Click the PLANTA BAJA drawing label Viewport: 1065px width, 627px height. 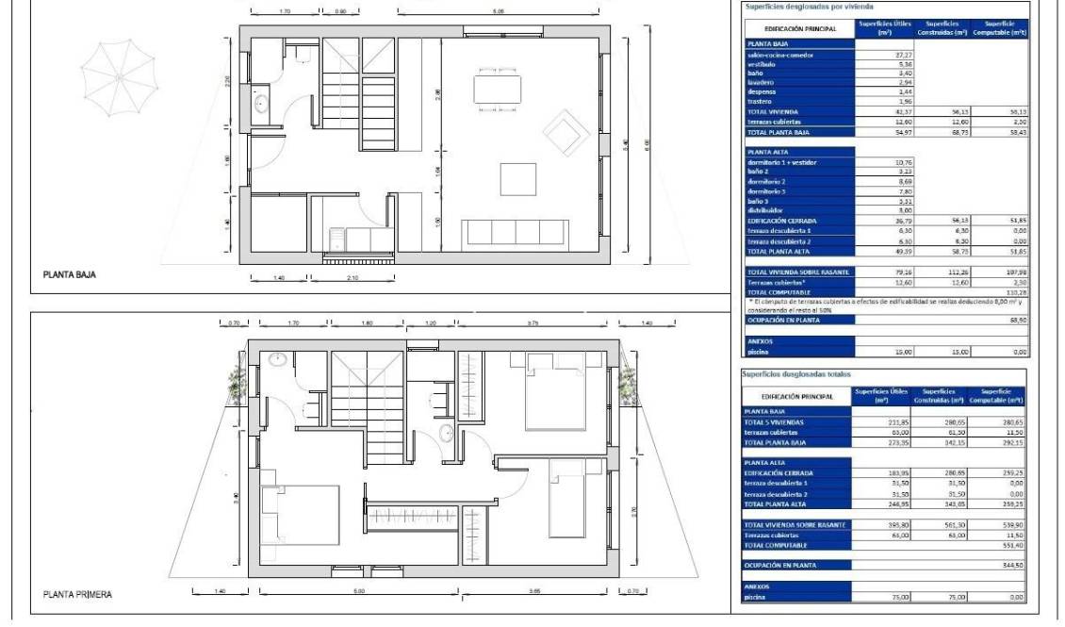click(x=70, y=275)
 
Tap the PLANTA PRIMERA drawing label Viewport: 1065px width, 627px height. click(x=77, y=595)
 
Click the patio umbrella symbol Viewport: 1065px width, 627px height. click(x=118, y=73)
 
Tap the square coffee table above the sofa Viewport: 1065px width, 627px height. click(x=517, y=178)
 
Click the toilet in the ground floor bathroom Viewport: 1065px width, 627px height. click(x=303, y=54)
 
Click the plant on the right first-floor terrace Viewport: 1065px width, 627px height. click(x=626, y=388)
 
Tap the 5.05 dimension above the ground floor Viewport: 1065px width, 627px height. click(x=499, y=11)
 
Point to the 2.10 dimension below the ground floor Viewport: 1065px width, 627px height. click(x=351, y=279)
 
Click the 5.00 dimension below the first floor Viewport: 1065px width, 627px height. click(x=359, y=592)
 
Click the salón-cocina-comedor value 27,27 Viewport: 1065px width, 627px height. click(x=877, y=55)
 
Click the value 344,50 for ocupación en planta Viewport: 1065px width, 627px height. click(x=1008, y=565)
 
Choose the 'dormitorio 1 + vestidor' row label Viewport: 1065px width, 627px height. click(x=785, y=162)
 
